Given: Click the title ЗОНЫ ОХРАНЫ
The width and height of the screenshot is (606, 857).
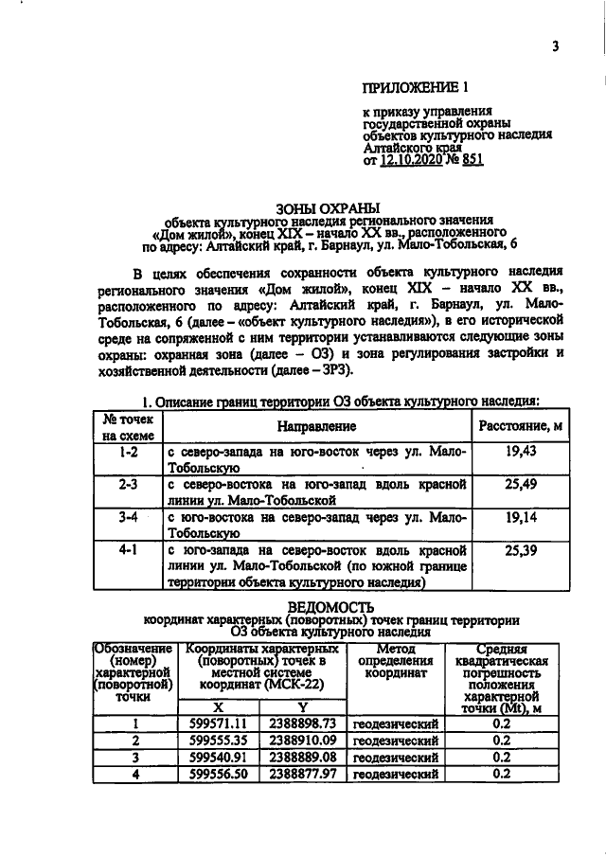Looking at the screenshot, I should point(327,207).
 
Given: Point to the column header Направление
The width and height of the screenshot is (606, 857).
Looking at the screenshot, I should point(317,427).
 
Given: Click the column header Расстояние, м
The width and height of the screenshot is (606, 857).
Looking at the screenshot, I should point(521,427).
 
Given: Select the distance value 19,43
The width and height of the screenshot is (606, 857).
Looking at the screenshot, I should point(521,452).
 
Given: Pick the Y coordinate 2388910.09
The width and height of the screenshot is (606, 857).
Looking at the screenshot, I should point(304,740).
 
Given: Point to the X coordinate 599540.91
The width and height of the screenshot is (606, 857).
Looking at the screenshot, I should point(219,757).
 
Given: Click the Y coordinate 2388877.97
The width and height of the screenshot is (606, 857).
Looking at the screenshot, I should point(304,774).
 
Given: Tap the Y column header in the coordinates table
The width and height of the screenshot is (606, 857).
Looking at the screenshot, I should point(304,706).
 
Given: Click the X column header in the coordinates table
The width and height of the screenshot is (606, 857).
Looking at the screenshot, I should point(219,706).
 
